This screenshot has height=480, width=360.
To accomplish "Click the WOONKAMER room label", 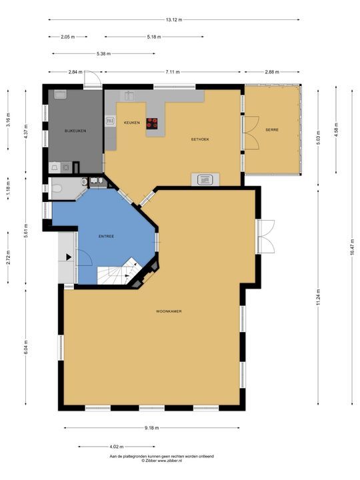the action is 169,311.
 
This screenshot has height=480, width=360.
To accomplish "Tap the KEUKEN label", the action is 131,123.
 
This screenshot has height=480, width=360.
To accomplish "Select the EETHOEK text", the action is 200,139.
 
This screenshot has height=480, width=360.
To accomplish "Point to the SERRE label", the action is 272,130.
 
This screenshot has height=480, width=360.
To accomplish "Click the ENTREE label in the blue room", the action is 106,236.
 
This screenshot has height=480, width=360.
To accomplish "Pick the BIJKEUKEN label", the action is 75,131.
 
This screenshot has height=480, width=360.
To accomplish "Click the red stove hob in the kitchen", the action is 152,123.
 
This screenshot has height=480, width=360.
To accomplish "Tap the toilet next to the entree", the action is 57,188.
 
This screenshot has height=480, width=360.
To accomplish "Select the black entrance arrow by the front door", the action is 69,257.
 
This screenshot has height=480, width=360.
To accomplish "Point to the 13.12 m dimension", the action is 174,20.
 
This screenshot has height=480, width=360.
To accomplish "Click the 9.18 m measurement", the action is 152,428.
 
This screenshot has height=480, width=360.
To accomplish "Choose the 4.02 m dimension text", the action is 116,447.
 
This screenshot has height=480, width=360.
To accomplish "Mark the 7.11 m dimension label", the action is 173,72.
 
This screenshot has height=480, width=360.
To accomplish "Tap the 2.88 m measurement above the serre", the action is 272,72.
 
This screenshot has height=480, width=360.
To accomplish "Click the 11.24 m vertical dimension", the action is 319,297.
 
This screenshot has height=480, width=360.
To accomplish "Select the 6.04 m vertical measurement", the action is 26,347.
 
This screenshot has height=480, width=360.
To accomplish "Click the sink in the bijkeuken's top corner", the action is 60,94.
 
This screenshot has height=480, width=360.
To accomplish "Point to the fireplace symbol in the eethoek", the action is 205,180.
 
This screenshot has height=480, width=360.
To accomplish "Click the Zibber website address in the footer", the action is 162,461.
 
